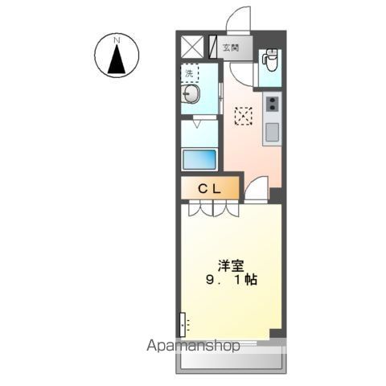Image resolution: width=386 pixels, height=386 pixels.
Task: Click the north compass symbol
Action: tap(117, 57)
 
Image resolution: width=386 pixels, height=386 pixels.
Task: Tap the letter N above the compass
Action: tap(117, 39)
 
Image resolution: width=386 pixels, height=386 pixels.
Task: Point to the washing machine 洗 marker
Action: tap(190, 75)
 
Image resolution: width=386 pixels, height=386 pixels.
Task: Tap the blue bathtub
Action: tap(199, 158)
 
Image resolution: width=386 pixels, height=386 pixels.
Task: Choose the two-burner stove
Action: tap(272, 104)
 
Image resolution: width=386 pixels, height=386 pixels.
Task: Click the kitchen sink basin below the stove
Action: tap(271, 131)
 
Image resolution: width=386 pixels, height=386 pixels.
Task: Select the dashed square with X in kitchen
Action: tap(243, 116)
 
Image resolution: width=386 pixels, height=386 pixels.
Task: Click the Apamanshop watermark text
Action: tap(193, 347)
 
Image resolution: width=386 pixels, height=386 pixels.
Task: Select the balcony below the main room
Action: tap(231, 361)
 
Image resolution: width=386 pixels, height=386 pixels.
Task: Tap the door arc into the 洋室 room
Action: tap(255, 191)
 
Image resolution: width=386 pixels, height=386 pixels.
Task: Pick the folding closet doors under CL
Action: tap(213, 209)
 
